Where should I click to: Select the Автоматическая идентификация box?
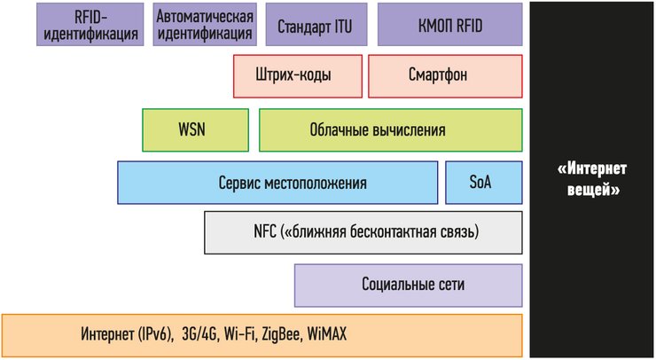point(205,25)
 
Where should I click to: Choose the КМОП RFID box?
point(449,25)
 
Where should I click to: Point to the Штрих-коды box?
point(298,76)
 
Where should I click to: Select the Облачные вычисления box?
point(390,130)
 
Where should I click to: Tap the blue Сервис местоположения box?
point(278,184)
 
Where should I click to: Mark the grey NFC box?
point(363,233)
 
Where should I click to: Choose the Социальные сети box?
point(409,285)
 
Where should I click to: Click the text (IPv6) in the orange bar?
point(153,335)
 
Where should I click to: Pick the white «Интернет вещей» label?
point(592,179)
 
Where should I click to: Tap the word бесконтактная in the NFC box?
point(387,233)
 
